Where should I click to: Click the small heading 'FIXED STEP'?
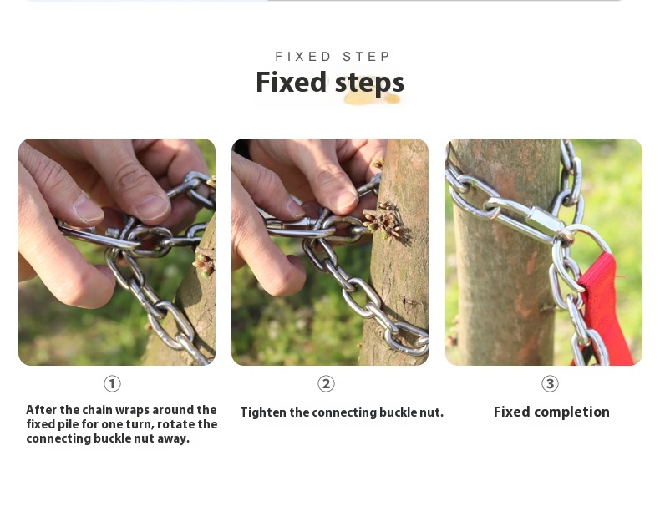tap(333, 57)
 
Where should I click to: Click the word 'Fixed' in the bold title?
tap(292, 82)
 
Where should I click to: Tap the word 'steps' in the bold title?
tap(369, 83)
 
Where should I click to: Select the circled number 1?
tap(112, 383)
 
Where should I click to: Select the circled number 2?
tap(326, 383)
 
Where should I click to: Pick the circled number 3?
tap(550, 383)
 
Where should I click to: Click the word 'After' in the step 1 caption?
tap(41, 410)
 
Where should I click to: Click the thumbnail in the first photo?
tap(88, 209)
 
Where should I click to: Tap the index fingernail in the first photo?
tap(153, 207)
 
